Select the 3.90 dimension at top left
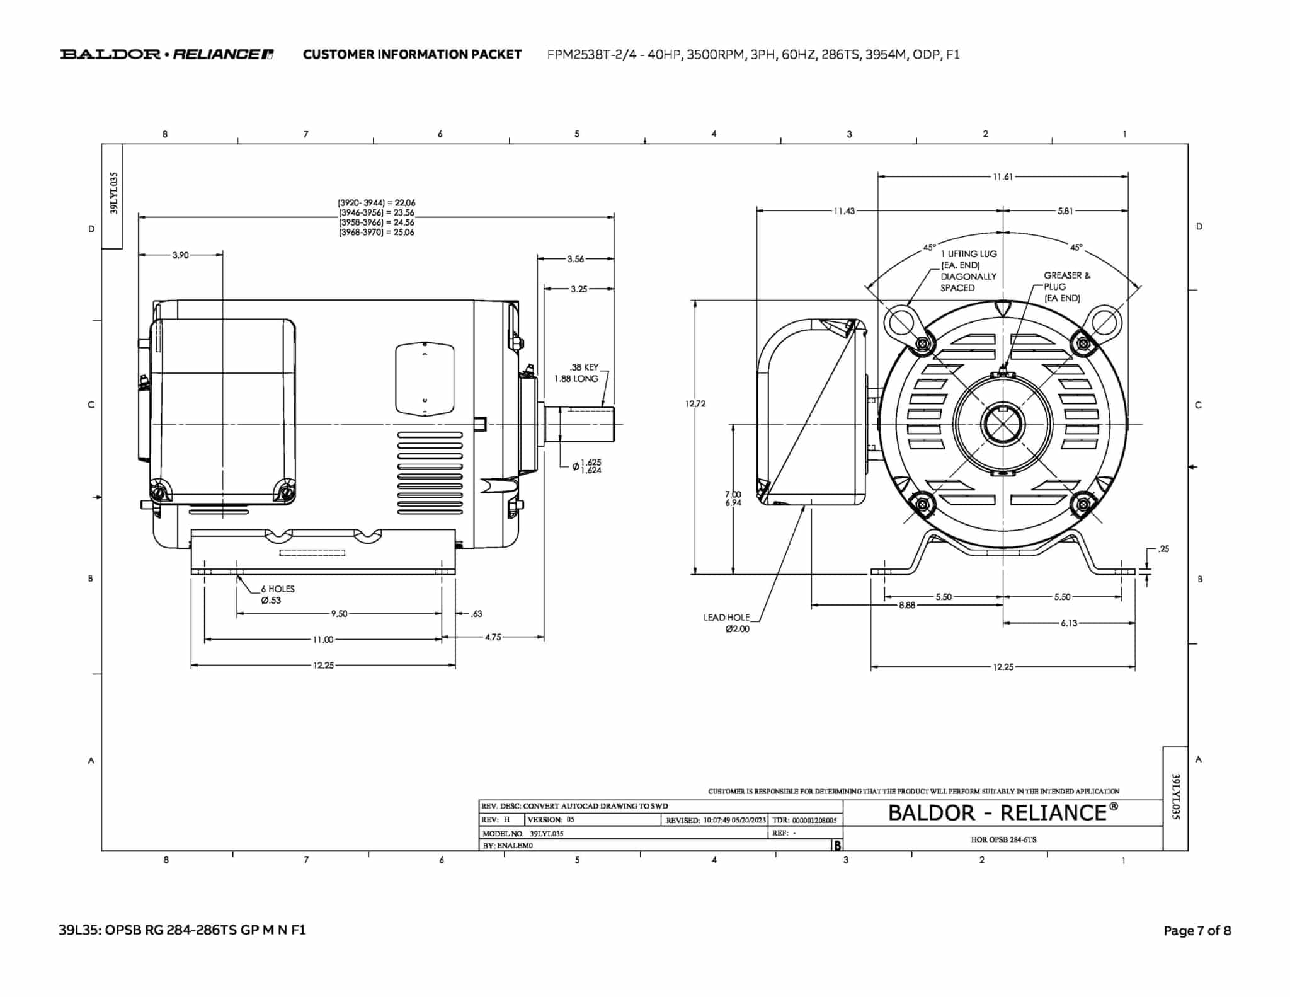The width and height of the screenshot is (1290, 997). pyautogui.click(x=180, y=255)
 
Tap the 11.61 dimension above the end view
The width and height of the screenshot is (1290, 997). pyautogui.click(x=1002, y=177)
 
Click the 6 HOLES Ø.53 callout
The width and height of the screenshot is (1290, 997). pyautogui.click(x=277, y=594)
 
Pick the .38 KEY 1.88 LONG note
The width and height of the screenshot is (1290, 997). pyautogui.click(x=576, y=372)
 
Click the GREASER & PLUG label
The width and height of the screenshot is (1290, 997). pyautogui.click(x=1066, y=286)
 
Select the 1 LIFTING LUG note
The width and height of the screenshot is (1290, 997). pyautogui.click(x=968, y=270)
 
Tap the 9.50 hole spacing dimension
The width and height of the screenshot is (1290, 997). pyautogui.click(x=339, y=613)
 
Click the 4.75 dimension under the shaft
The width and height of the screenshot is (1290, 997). pyautogui.click(x=493, y=637)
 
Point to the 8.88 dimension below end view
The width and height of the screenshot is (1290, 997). pyautogui.click(x=907, y=605)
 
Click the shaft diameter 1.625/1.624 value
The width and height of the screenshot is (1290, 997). pyautogui.click(x=590, y=466)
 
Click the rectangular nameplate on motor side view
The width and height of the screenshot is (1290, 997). pyautogui.click(x=424, y=379)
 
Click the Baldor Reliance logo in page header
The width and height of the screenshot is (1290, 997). pyautogui.click(x=167, y=54)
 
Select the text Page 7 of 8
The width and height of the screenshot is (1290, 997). pyautogui.click(x=1197, y=930)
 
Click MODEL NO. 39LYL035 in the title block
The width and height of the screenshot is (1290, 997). pyautogui.click(x=523, y=833)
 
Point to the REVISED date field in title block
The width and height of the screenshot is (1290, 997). pyautogui.click(x=716, y=820)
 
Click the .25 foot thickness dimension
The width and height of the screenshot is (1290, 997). pyautogui.click(x=1163, y=549)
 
